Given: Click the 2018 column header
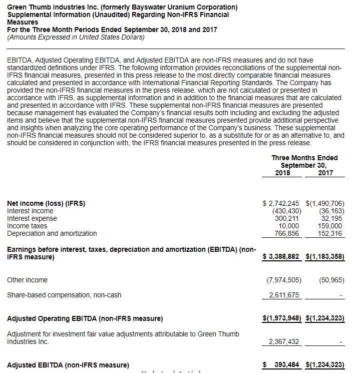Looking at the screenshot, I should coord(282,173).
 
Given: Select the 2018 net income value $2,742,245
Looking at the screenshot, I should coord(281,203).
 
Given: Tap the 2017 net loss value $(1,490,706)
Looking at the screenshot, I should coord(325,203).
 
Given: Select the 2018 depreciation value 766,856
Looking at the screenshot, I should coord(287,233).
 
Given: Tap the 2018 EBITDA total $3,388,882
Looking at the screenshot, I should coord(281,257).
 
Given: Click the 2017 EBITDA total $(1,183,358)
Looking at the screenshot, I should coord(325,257).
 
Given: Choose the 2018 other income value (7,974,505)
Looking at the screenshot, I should coord(283,280).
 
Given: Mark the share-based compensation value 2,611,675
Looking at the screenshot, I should coord(284,295).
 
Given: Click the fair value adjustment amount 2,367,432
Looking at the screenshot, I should coord(284,341).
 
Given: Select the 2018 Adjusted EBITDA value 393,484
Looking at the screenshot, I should coord(285,364).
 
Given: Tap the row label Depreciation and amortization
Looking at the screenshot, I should coord(52,233).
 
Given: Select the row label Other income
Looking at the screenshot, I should coord(28,280).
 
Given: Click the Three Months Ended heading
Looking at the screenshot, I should coord(304,158).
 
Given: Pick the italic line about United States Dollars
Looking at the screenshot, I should coord(76,37).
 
